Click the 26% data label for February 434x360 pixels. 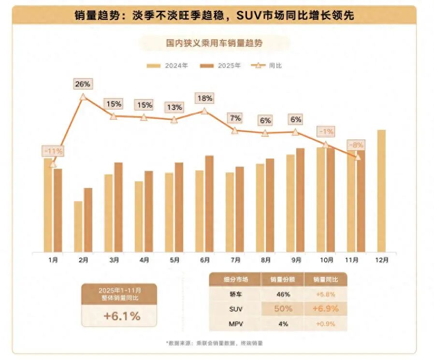83,84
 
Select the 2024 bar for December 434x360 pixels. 381,191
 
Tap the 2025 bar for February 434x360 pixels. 88,220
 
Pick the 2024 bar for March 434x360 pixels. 108,213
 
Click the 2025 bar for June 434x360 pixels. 209,203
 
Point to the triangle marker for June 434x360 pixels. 204,111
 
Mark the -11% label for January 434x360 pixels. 53,151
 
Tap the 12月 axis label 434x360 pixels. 382,260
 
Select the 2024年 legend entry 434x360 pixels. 168,65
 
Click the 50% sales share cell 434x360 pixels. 282,309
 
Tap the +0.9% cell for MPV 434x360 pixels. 325,324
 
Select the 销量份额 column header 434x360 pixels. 282,279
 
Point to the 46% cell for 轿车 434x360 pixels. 282,294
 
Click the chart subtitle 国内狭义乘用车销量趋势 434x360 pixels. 214,43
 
